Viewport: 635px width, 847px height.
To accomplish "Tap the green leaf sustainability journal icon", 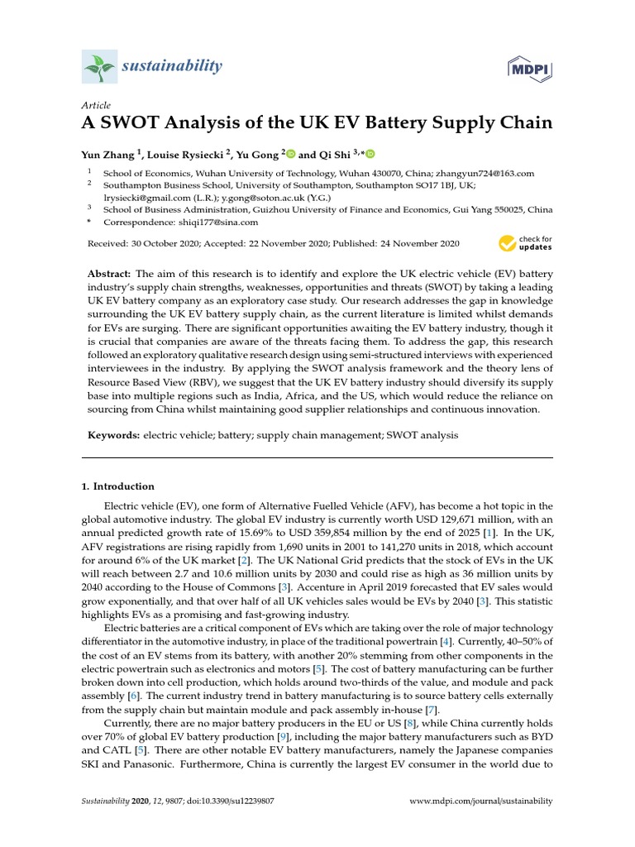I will click(99, 65).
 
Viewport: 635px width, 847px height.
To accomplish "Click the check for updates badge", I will click(525, 243).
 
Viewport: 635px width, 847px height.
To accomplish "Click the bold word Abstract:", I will click(109, 273).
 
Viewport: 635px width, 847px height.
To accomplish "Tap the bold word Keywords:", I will click(115, 434).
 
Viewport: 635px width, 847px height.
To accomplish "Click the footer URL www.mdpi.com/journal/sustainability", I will click(481, 802).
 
